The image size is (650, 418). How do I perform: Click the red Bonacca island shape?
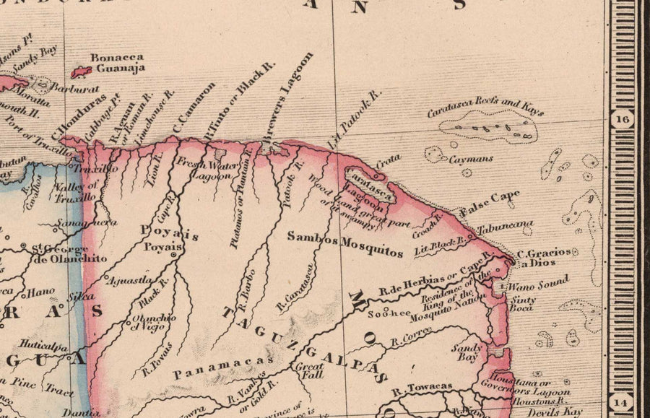tap(81, 72)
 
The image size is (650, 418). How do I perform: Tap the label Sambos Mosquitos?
tap(344, 245)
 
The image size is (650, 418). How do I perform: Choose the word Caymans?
tap(469, 159)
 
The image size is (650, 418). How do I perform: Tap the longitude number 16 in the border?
tap(622, 119)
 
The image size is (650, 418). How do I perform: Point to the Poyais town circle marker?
tap(174, 254)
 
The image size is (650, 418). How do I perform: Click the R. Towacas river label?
tap(422, 388)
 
